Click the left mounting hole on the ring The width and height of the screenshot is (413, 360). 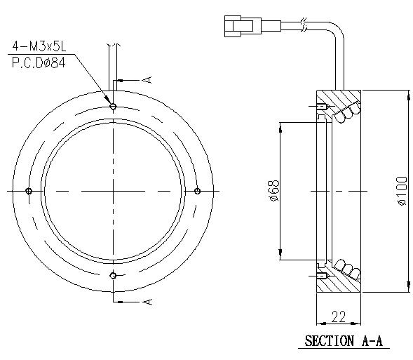(29, 191)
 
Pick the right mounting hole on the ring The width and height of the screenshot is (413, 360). (197, 191)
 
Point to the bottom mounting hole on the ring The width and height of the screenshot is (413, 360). (113, 275)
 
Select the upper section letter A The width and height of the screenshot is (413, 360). (146, 80)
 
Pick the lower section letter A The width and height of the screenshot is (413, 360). (146, 302)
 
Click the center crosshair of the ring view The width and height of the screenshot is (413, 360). (113, 191)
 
